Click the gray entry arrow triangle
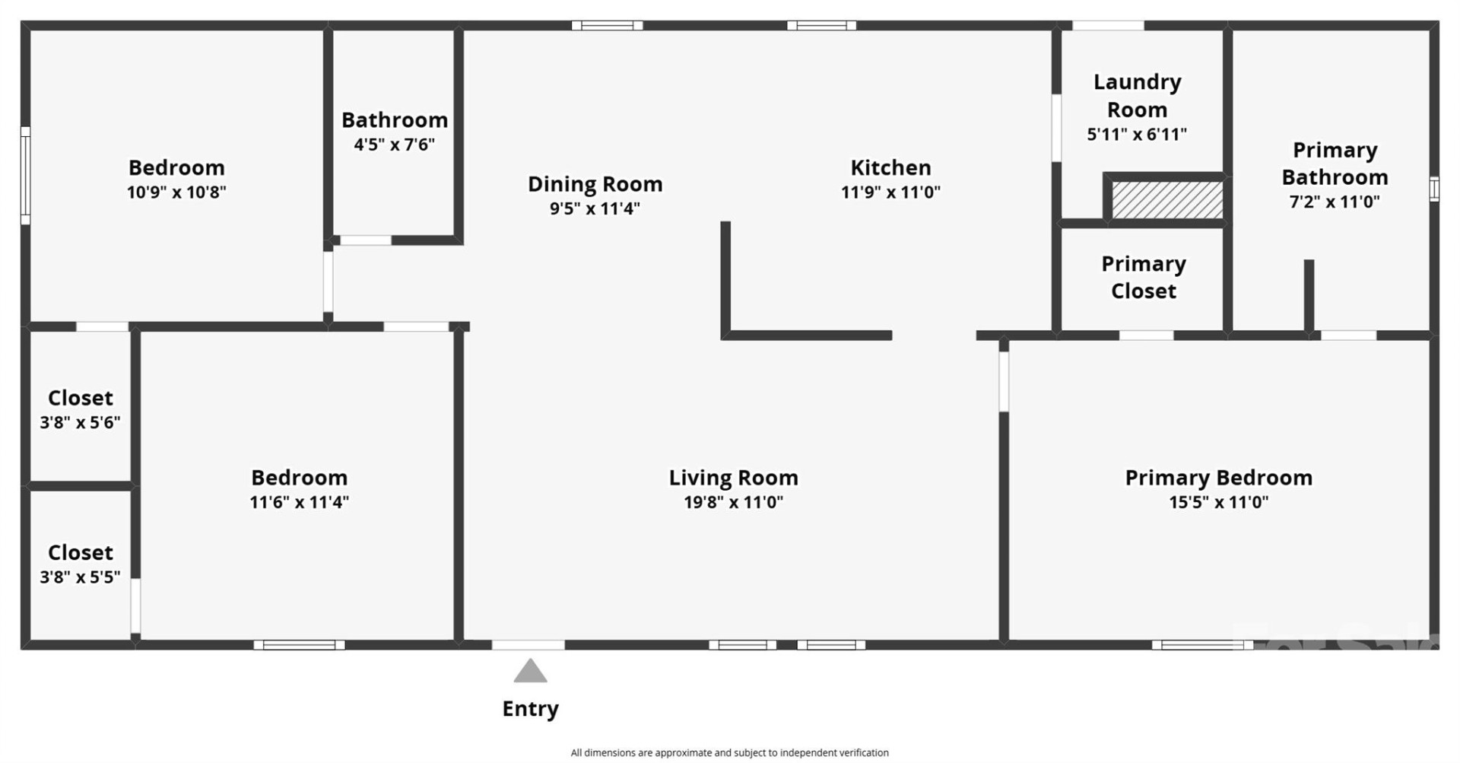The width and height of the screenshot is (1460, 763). tap(530, 672)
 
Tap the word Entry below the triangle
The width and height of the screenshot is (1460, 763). tap(530, 709)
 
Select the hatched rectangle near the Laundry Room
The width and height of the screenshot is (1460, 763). tap(1166, 199)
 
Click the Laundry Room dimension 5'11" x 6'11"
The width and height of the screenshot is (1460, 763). tap(1137, 135)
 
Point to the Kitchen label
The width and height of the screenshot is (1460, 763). tap(890, 167)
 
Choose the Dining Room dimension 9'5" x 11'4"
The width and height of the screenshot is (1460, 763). tap(595, 208)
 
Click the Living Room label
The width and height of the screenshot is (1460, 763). tap(733, 478)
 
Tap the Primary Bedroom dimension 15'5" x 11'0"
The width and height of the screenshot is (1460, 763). tap(1218, 502)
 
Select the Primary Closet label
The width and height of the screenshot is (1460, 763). tap(1143, 278)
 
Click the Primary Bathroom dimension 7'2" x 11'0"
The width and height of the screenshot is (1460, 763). tap(1335, 202)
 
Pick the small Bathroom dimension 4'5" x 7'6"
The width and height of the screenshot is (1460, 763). tap(394, 145)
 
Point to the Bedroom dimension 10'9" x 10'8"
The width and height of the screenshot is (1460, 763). tap(176, 192)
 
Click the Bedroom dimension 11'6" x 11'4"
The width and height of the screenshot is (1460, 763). tap(299, 502)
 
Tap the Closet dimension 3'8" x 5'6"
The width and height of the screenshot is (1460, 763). tap(80, 422)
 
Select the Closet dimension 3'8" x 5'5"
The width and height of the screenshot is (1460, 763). tap(80, 577)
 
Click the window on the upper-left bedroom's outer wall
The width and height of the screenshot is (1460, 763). tap(25, 176)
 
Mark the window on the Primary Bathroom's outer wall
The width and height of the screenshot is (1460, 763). tap(1433, 189)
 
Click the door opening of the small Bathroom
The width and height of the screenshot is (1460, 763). tap(365, 240)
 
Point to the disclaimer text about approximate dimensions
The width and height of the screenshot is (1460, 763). tap(729, 752)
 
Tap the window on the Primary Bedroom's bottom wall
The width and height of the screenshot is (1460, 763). tap(1201, 645)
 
